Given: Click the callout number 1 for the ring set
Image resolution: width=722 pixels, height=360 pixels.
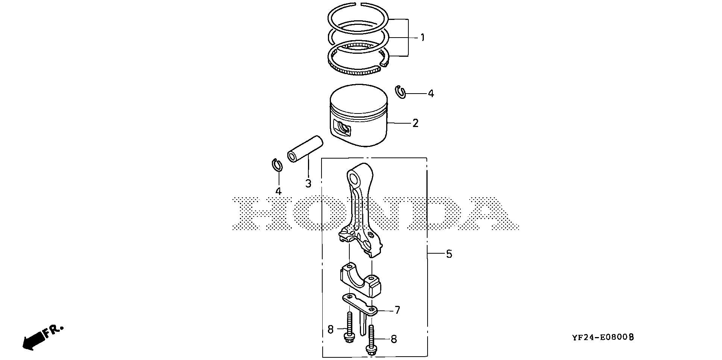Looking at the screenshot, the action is [422, 38].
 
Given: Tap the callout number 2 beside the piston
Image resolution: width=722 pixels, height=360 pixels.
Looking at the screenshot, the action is [415, 123].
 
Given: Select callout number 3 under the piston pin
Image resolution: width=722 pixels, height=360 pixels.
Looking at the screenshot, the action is [308, 183].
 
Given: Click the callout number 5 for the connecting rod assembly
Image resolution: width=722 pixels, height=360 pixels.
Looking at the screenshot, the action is [449, 254].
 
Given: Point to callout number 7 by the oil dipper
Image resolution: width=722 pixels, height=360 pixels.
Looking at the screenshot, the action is [397, 310].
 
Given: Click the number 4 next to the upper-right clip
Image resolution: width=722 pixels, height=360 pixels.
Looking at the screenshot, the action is [431, 94].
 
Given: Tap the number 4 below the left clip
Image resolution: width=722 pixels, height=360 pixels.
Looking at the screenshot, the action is [278, 191].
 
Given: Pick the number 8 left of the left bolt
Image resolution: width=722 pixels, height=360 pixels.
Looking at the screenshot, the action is [331, 330].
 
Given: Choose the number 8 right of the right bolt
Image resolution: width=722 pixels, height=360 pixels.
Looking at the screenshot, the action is [394, 339].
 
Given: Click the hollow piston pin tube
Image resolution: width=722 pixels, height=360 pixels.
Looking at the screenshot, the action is [305, 149].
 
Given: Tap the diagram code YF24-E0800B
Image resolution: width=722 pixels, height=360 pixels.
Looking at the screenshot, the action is [603, 337].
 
